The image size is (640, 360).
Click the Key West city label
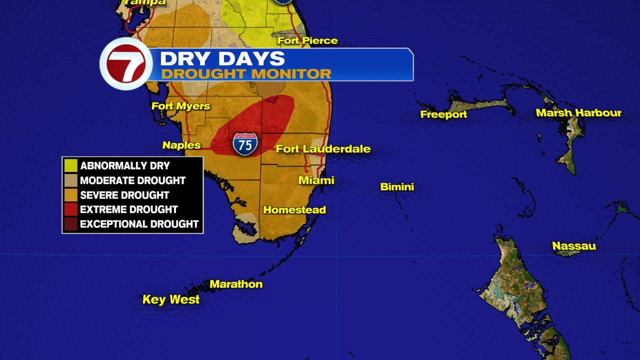pos(171,299)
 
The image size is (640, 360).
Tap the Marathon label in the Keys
pos(236,284)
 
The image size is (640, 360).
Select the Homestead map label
pos(294,210)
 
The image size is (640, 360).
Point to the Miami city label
pos(316,180)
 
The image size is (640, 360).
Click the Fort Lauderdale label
pos(323,149)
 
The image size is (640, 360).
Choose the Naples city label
pos(181,145)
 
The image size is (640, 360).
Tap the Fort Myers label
pos(180,106)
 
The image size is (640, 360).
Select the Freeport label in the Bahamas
pos(443,114)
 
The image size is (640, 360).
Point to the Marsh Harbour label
pos(578,113)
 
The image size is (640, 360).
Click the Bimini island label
pos(397,187)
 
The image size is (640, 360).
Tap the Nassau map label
pos(574,246)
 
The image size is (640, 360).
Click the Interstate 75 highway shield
pos(245,143)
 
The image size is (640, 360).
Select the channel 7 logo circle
pos(126,64)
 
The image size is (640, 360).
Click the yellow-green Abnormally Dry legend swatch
pos(71,165)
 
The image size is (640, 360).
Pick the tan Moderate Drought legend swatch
pos(71,180)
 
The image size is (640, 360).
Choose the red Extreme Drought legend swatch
pos(71,209)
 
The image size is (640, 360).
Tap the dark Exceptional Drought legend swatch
pos(71,223)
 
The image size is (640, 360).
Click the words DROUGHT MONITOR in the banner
pos(246,74)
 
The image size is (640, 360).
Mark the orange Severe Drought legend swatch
pos(71,194)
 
